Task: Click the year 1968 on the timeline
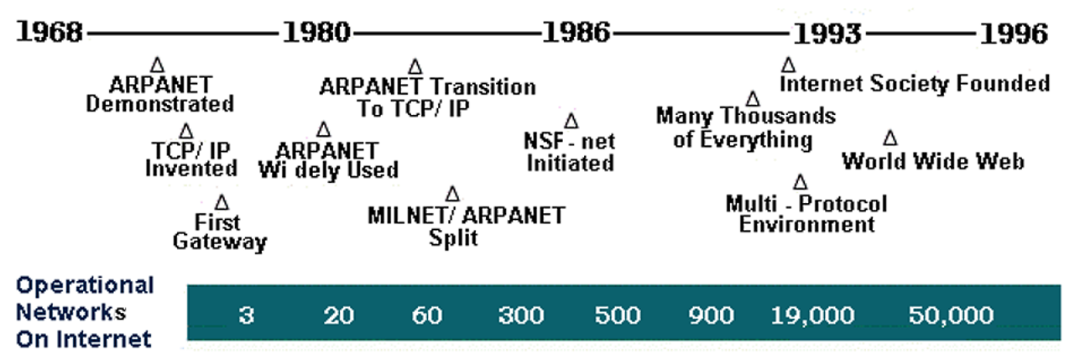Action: (50, 33)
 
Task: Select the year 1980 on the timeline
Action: (316, 33)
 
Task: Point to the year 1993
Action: (827, 33)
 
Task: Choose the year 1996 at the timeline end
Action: (1015, 33)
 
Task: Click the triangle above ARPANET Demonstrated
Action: (157, 65)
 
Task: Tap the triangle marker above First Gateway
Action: (222, 202)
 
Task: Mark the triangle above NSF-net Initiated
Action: (571, 122)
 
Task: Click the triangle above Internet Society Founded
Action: (788, 65)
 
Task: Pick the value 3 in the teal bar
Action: (246, 316)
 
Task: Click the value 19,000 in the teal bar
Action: (812, 316)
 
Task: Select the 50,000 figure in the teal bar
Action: (951, 316)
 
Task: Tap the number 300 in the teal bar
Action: (520, 316)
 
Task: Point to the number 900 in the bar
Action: (711, 316)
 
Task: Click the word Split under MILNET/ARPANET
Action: (453, 237)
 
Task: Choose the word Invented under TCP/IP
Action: (191, 168)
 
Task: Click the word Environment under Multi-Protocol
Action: (807, 225)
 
